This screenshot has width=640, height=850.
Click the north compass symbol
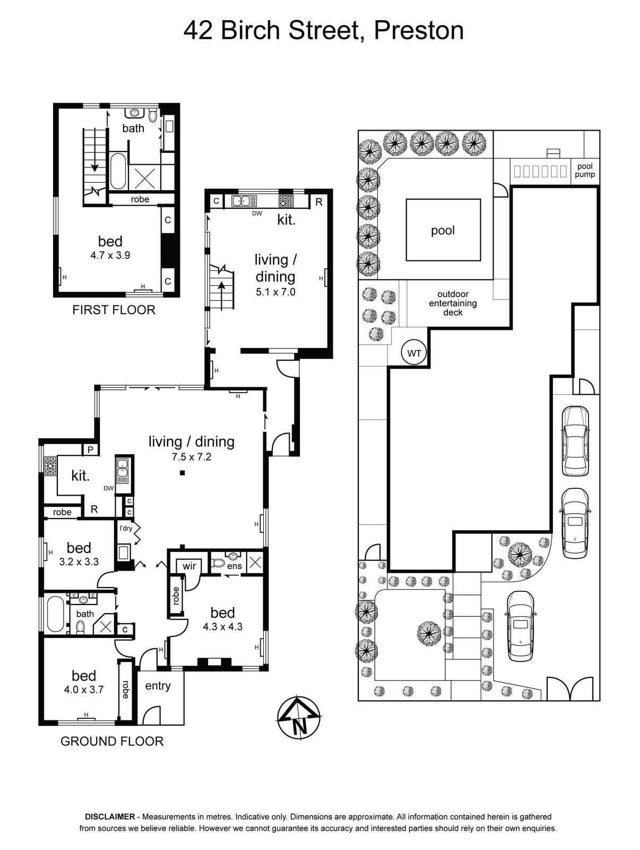pos(299,718)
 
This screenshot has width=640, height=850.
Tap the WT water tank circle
pos(414,353)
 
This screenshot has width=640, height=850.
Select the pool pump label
pos(584,171)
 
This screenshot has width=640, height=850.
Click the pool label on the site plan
pos(443,231)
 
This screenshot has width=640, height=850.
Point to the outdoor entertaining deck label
pos(453,303)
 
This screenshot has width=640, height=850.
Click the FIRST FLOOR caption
pos(114,310)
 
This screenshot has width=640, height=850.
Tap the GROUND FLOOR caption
pos(112,741)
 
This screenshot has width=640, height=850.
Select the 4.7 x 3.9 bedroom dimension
pos(110,255)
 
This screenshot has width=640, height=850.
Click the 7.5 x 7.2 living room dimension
pos(192,457)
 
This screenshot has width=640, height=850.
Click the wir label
pos(189,566)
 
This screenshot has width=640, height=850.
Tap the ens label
pos(235,566)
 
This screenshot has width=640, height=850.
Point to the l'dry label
pos(126,528)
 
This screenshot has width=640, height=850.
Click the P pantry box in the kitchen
pos(91,449)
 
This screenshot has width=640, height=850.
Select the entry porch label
pos(158,686)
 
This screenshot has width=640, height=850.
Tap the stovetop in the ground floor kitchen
pos(50,466)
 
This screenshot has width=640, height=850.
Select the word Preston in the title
pos(419,31)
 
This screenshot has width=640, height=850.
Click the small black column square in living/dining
pos(182,472)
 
